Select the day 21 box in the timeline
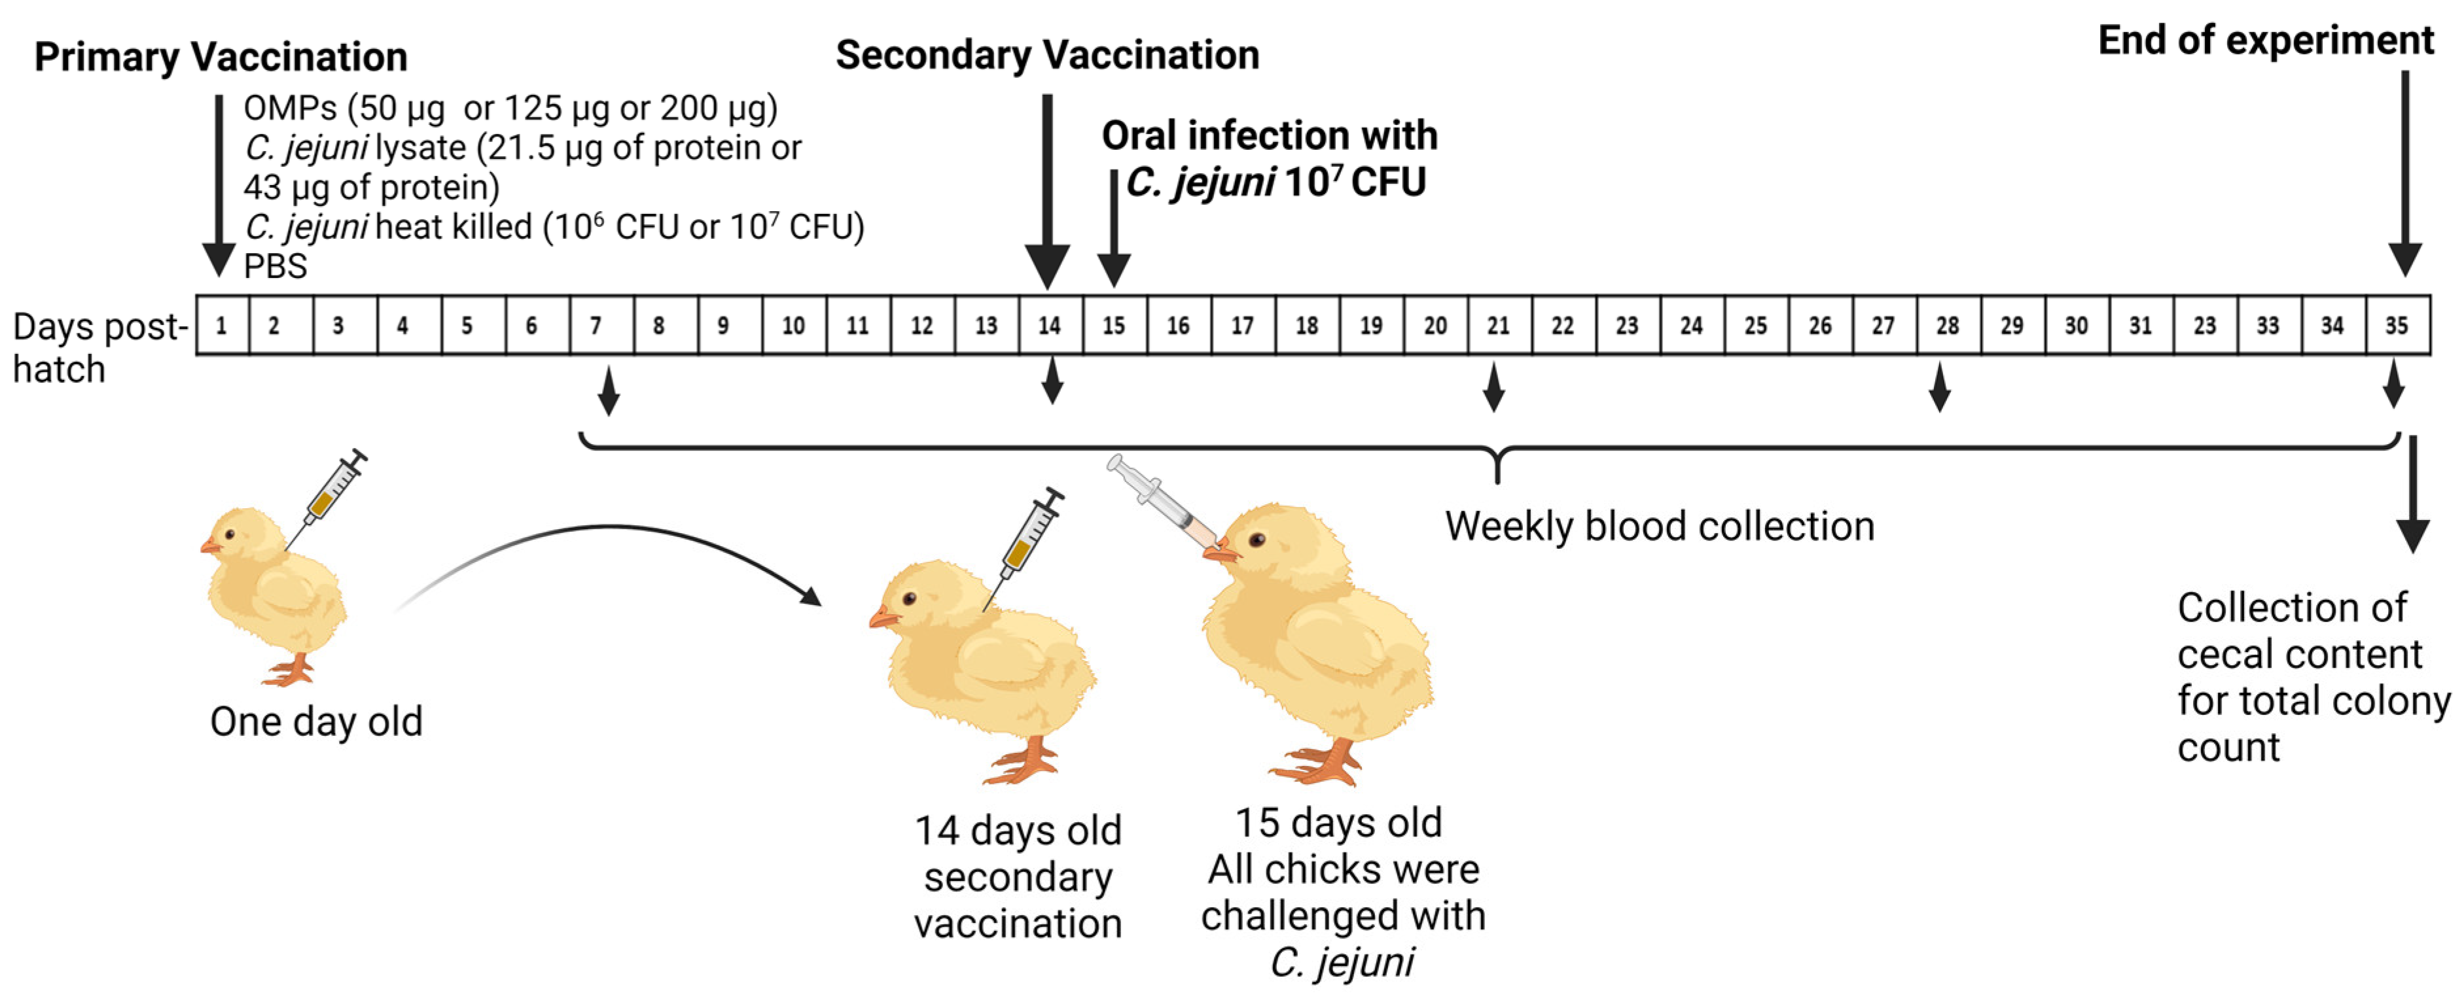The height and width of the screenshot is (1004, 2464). coord(1499,326)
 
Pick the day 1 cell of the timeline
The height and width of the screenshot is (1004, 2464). coord(222,326)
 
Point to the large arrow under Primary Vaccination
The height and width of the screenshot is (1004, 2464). coord(219,182)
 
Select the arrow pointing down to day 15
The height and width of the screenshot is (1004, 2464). coord(1113,230)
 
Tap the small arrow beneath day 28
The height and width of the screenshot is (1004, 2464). coord(1940,387)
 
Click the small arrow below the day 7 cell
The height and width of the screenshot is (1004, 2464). coord(609,389)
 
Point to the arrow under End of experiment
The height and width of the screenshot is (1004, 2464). coord(2404,172)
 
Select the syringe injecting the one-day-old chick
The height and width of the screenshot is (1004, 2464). coord(330,493)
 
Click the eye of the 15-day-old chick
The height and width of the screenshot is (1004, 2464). coord(1258,540)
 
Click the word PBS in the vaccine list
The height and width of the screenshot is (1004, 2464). coord(276,266)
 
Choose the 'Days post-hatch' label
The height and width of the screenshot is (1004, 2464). coord(96,347)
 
